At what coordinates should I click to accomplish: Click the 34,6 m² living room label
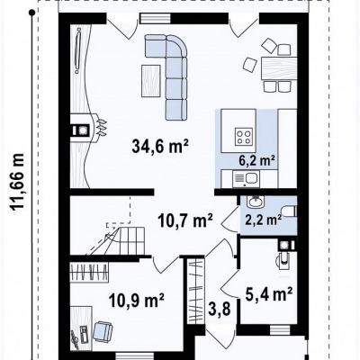[x=160, y=146]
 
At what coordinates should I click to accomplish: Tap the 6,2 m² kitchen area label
[x=257, y=161]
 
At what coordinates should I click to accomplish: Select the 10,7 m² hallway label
[x=185, y=220]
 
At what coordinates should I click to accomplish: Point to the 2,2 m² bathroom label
[x=264, y=220]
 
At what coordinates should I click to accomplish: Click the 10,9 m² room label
[x=137, y=300]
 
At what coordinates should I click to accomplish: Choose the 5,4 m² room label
[x=269, y=293]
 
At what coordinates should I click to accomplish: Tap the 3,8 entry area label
[x=220, y=309]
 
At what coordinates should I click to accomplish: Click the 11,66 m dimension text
[x=17, y=182]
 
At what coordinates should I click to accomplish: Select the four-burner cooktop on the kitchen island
[x=244, y=136]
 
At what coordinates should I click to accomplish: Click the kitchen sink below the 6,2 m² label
[x=246, y=179]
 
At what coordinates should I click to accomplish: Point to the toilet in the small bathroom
[x=290, y=211]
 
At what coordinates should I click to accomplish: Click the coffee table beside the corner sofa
[x=151, y=81]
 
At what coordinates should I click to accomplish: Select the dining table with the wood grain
[x=279, y=68]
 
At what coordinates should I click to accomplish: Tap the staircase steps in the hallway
[x=131, y=241]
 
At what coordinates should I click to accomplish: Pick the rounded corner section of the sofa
[x=176, y=46]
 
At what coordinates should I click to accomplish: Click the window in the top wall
[x=156, y=19]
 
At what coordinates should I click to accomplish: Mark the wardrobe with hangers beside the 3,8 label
[x=195, y=290]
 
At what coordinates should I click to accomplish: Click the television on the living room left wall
[x=78, y=50]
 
